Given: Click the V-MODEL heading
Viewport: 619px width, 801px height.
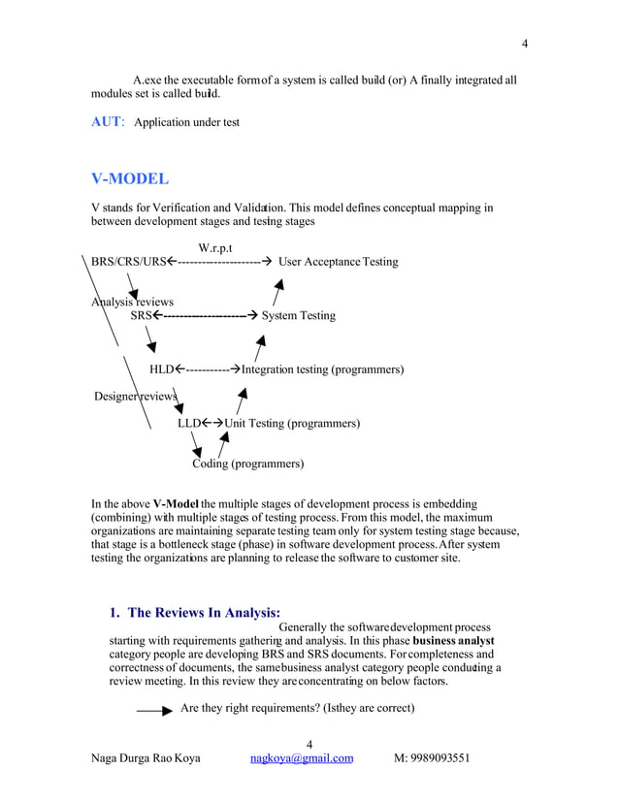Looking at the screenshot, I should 129,179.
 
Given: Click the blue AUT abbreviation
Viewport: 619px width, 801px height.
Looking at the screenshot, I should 106,122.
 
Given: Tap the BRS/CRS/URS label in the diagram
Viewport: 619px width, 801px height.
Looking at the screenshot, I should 129,262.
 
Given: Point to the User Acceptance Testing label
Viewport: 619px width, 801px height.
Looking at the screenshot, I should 338,262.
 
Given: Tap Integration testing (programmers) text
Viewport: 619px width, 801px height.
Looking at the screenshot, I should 322,369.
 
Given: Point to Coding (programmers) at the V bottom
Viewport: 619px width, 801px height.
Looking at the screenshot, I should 247,464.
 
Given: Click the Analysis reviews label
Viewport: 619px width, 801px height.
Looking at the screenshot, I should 132,302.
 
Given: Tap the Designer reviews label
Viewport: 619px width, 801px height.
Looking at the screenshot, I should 135,397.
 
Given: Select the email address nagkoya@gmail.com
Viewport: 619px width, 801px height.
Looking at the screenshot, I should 301,757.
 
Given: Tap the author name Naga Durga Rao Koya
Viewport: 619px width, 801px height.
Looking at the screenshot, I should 146,757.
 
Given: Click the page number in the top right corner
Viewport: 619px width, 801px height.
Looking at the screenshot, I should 525,44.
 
